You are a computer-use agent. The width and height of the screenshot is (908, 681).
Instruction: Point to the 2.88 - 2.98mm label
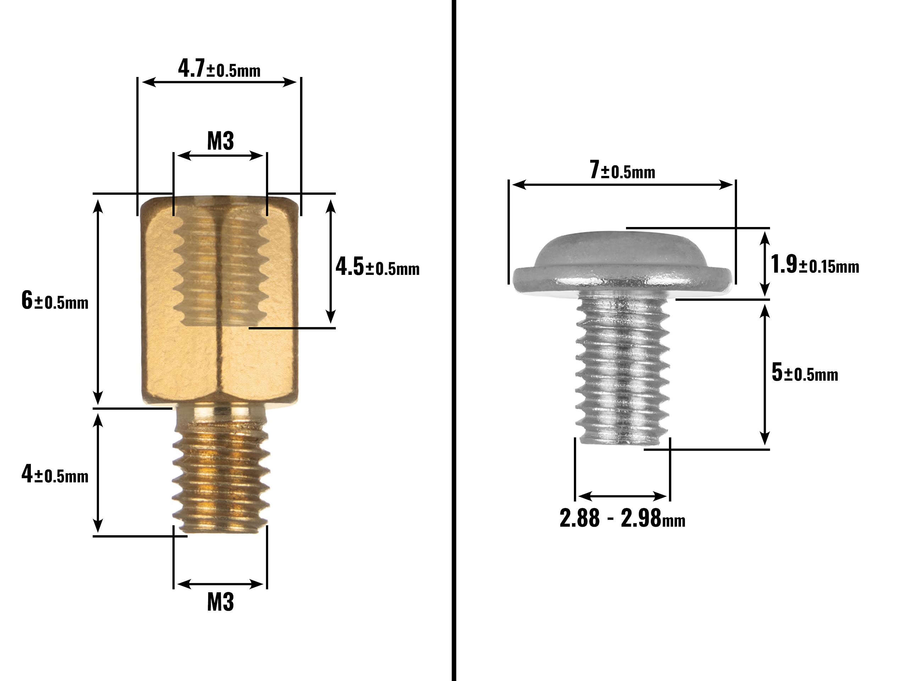622,518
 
